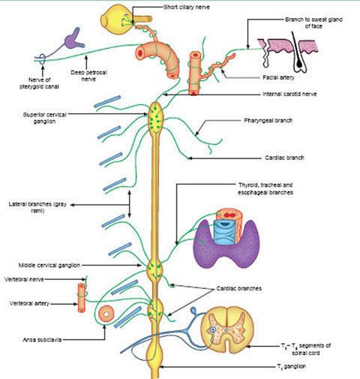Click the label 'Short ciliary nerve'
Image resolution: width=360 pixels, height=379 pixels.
click(187, 8)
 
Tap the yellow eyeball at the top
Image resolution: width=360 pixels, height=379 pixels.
click(115, 20)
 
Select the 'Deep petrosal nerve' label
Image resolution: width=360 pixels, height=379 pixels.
click(88, 76)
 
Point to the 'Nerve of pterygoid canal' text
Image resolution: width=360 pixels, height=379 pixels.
click(39, 83)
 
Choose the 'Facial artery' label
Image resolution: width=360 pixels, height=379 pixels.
click(278, 77)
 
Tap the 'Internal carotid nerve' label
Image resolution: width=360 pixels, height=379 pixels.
click(289, 94)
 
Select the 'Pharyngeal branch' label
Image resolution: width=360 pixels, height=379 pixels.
click(268, 121)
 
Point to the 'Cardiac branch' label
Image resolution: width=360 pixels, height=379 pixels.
click(284, 158)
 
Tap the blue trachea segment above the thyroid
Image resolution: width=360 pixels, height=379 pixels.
click(224, 231)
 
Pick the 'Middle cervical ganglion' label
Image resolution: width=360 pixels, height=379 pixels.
click(49, 265)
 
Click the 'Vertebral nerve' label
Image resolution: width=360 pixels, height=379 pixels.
click(24, 279)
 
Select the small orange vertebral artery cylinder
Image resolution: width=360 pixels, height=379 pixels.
click(82, 298)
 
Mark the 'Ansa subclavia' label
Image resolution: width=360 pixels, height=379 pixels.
click(42, 340)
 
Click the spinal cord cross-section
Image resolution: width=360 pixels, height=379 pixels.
click(227, 329)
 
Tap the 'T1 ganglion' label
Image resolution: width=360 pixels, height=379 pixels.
click(291, 367)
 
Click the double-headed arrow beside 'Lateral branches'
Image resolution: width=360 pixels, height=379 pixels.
click(129, 204)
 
